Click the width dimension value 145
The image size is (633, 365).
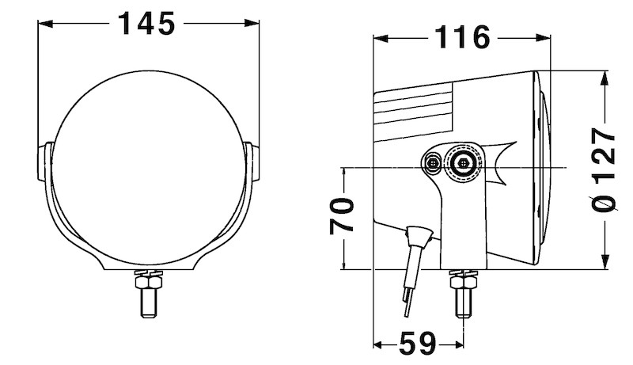tap(146, 25)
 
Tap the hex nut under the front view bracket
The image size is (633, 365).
tap(148, 280)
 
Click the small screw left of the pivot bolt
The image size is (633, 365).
tap(432, 163)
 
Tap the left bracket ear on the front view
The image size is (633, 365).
tap(45, 164)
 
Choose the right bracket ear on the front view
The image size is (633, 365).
tap(252, 164)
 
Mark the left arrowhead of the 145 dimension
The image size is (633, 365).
tap(44, 25)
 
